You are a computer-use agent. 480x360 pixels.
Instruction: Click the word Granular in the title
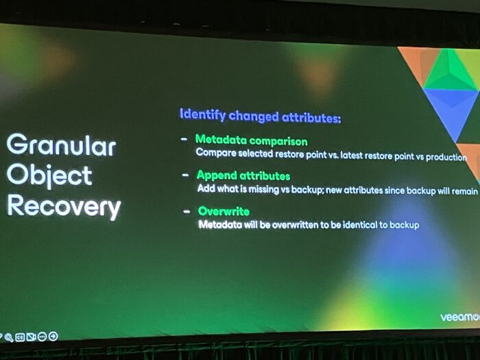[61, 145]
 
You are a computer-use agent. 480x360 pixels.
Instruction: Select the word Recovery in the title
[64, 207]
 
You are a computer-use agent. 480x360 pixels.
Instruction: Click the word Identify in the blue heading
[203, 115]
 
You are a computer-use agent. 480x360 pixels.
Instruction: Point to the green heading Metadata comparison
[252, 141]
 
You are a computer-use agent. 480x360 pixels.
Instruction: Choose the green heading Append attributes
[243, 176]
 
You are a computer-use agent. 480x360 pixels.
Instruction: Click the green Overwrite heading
[224, 211]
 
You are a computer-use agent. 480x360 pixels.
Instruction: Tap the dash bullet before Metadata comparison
[184, 140]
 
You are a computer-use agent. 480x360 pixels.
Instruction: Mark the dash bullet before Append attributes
[185, 175]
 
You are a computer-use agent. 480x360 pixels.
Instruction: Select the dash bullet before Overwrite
[187, 211]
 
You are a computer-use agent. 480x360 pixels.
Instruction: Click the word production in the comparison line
[446, 157]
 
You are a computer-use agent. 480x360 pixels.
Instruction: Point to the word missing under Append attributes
[263, 189]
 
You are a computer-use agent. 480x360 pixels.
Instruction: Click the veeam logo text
[460, 317]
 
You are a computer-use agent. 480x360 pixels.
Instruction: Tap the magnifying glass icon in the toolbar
[8, 337]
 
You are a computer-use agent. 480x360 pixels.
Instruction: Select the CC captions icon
[20, 337]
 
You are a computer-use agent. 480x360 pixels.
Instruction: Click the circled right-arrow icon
[53, 337]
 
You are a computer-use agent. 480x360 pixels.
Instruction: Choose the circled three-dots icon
[42, 337]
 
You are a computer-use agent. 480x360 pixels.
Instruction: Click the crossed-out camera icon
[31, 337]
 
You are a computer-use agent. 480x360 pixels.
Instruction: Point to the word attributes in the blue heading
[311, 117]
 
